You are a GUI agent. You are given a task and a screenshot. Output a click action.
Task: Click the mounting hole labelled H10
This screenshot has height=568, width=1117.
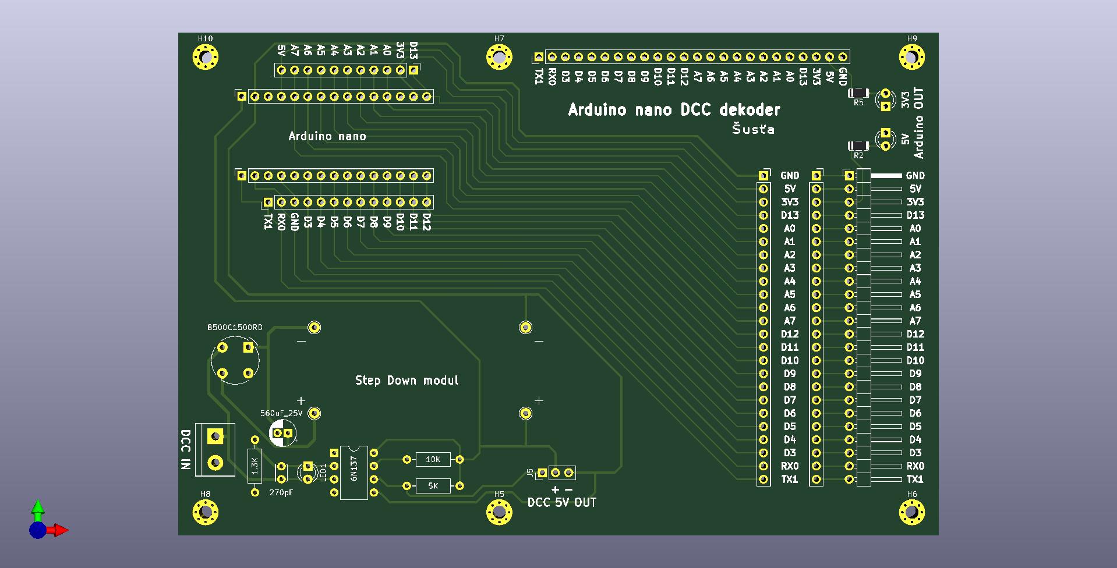205,58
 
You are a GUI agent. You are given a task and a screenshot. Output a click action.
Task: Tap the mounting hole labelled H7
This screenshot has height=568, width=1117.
499,58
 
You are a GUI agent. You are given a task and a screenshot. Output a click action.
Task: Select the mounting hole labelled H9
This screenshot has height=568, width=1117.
911,58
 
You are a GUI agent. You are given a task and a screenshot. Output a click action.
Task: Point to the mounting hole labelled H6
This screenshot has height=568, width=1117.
911,513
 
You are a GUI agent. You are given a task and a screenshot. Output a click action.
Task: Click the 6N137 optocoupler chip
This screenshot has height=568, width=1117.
354,473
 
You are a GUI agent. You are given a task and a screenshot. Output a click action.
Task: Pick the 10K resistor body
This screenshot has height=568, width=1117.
433,459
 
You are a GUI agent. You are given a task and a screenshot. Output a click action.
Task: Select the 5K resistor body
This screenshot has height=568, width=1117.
433,485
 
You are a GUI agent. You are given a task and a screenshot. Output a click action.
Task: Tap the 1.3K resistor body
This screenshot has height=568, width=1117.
254,466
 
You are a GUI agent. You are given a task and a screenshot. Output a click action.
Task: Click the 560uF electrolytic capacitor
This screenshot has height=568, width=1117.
282,434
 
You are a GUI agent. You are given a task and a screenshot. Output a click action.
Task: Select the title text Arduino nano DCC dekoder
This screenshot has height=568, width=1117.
674,109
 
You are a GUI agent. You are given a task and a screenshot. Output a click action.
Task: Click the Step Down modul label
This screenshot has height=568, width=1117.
406,380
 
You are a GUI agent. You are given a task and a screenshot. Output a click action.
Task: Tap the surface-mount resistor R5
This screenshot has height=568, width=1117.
858,93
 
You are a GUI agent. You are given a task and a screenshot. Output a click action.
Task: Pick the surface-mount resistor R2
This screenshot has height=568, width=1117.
858,145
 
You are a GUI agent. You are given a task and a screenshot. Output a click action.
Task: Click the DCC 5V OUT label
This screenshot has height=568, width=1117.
562,502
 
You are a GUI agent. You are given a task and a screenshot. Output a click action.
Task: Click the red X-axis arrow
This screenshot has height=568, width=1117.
56,530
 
